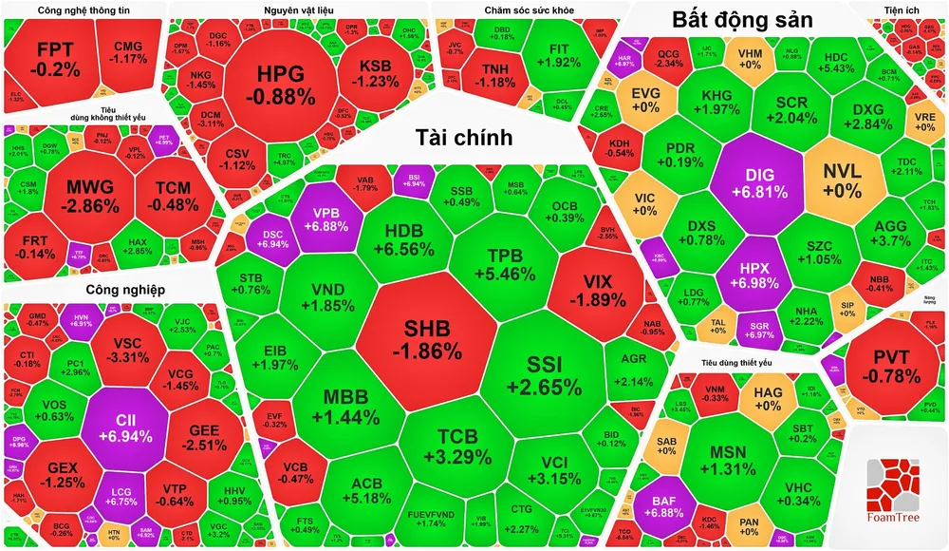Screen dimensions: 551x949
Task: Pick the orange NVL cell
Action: point(843,181)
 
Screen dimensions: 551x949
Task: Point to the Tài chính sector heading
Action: point(464,138)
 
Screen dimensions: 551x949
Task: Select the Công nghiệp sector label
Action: point(126,289)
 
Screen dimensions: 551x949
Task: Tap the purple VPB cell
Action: point(322,220)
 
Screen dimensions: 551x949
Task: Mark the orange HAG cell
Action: point(767,398)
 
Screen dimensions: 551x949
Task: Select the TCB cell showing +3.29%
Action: point(451,446)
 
